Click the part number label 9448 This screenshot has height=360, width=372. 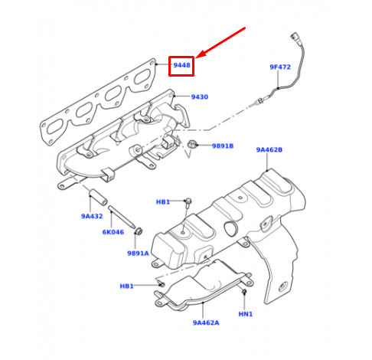click(181, 65)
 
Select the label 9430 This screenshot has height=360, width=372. click(200, 97)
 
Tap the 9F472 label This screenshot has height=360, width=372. click(280, 67)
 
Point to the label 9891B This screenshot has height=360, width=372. click(223, 146)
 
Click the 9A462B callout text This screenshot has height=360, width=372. click(269, 150)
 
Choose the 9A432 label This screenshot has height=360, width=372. click(92, 216)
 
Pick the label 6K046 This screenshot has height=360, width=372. click(113, 232)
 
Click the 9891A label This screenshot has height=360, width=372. click(138, 254)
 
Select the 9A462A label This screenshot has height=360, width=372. click(206, 322)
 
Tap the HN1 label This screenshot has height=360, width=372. click(246, 314)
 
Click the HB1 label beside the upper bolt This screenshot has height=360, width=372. click(163, 202)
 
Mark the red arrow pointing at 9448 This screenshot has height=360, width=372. click(220, 42)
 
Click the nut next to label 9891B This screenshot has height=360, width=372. click(191, 144)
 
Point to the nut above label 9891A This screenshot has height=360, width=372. click(139, 231)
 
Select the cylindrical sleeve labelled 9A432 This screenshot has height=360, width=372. click(98, 197)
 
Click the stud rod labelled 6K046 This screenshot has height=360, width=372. click(122, 217)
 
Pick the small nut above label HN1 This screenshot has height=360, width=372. click(244, 291)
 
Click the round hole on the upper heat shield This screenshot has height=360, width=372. click(230, 228)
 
